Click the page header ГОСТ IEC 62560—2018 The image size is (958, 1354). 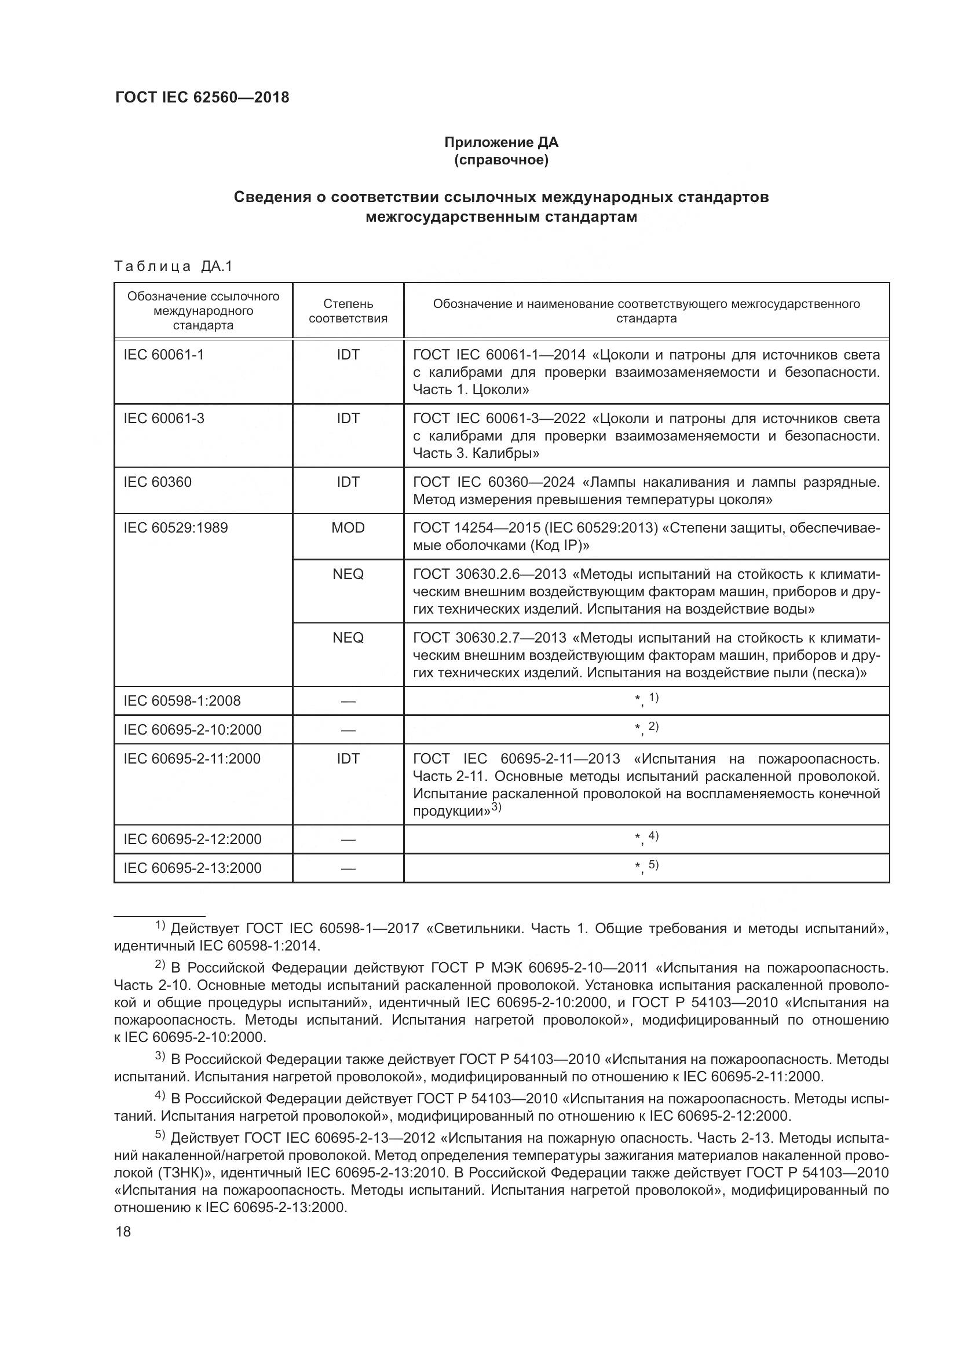(x=202, y=97)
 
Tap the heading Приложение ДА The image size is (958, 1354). (x=501, y=142)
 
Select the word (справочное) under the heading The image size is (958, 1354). (x=501, y=160)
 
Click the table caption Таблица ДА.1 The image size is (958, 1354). (x=173, y=266)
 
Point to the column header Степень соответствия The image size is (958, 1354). (x=348, y=311)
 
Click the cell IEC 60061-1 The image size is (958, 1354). (x=163, y=354)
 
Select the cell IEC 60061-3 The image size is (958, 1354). (x=163, y=418)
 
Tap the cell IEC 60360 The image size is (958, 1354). (x=158, y=482)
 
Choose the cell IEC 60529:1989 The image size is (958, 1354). (x=175, y=527)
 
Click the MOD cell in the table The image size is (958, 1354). (x=348, y=527)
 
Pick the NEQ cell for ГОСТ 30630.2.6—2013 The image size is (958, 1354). (x=348, y=574)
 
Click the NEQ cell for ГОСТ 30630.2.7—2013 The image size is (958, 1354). (x=348, y=637)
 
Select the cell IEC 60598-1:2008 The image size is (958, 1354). (x=182, y=700)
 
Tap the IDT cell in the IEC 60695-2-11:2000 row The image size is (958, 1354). (x=348, y=758)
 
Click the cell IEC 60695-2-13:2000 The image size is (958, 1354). (x=192, y=868)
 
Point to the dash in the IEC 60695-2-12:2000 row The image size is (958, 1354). (x=348, y=839)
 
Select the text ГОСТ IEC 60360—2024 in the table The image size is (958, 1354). (x=493, y=482)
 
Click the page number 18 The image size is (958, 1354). (x=123, y=1231)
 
